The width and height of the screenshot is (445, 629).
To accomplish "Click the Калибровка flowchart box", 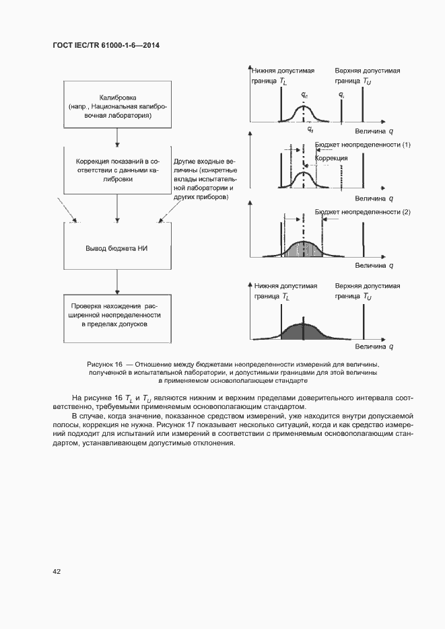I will pos(118,105).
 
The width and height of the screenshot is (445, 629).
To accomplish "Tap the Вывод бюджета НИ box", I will pos(118,248).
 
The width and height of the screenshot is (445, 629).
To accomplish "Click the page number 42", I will pos(57,571).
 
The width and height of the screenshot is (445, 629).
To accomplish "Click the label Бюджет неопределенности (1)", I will pos(362,145).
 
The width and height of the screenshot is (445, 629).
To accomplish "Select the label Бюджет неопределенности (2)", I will pos(362,212).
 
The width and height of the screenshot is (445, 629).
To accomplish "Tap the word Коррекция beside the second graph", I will pos(331,157).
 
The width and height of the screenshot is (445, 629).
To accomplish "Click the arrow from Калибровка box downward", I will pos(118,137).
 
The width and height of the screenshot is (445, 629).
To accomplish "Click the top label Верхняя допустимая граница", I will pos(367,76).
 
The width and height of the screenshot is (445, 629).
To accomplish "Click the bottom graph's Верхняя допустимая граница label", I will pos(367,291).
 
